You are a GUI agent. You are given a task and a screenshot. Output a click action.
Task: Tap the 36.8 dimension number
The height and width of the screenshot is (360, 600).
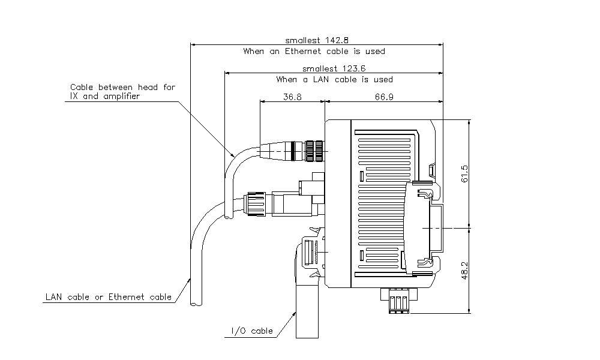click(x=292, y=97)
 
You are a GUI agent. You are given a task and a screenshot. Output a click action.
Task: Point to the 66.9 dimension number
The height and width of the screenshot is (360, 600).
click(x=384, y=97)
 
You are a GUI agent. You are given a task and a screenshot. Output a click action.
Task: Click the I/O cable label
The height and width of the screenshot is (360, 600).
click(x=252, y=331)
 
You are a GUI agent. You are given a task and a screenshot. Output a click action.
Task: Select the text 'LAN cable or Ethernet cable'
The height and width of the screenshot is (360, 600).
click(x=109, y=297)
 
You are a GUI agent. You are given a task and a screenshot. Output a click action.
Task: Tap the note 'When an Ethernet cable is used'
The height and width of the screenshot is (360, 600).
click(x=314, y=52)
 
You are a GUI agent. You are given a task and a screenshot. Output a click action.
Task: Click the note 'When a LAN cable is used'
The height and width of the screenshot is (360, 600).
click(x=334, y=79)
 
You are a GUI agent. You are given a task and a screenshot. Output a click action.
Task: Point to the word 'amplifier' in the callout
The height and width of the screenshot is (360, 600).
click(x=120, y=96)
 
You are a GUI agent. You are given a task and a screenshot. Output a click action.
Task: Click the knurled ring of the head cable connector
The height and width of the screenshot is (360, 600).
click(x=314, y=151)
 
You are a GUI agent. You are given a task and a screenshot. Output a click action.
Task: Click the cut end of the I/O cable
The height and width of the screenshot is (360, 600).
click(x=311, y=338)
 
